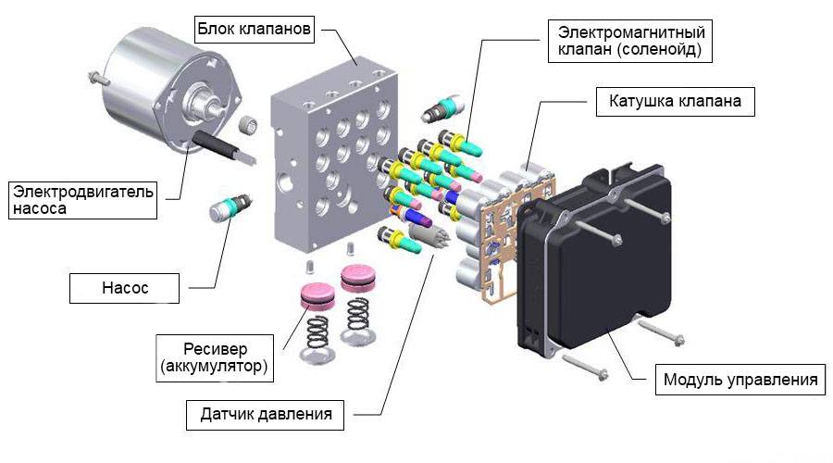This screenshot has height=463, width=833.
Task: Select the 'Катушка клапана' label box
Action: pyautogui.click(x=675, y=100)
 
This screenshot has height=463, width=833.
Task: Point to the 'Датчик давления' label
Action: pyautogui.click(x=266, y=414)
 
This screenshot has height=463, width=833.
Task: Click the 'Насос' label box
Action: pyautogui.click(x=126, y=288)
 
